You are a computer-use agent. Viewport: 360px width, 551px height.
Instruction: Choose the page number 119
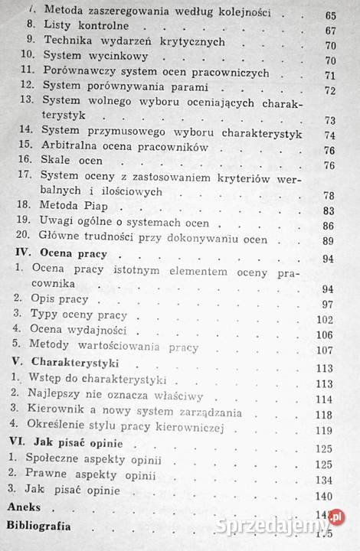click(332, 446)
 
